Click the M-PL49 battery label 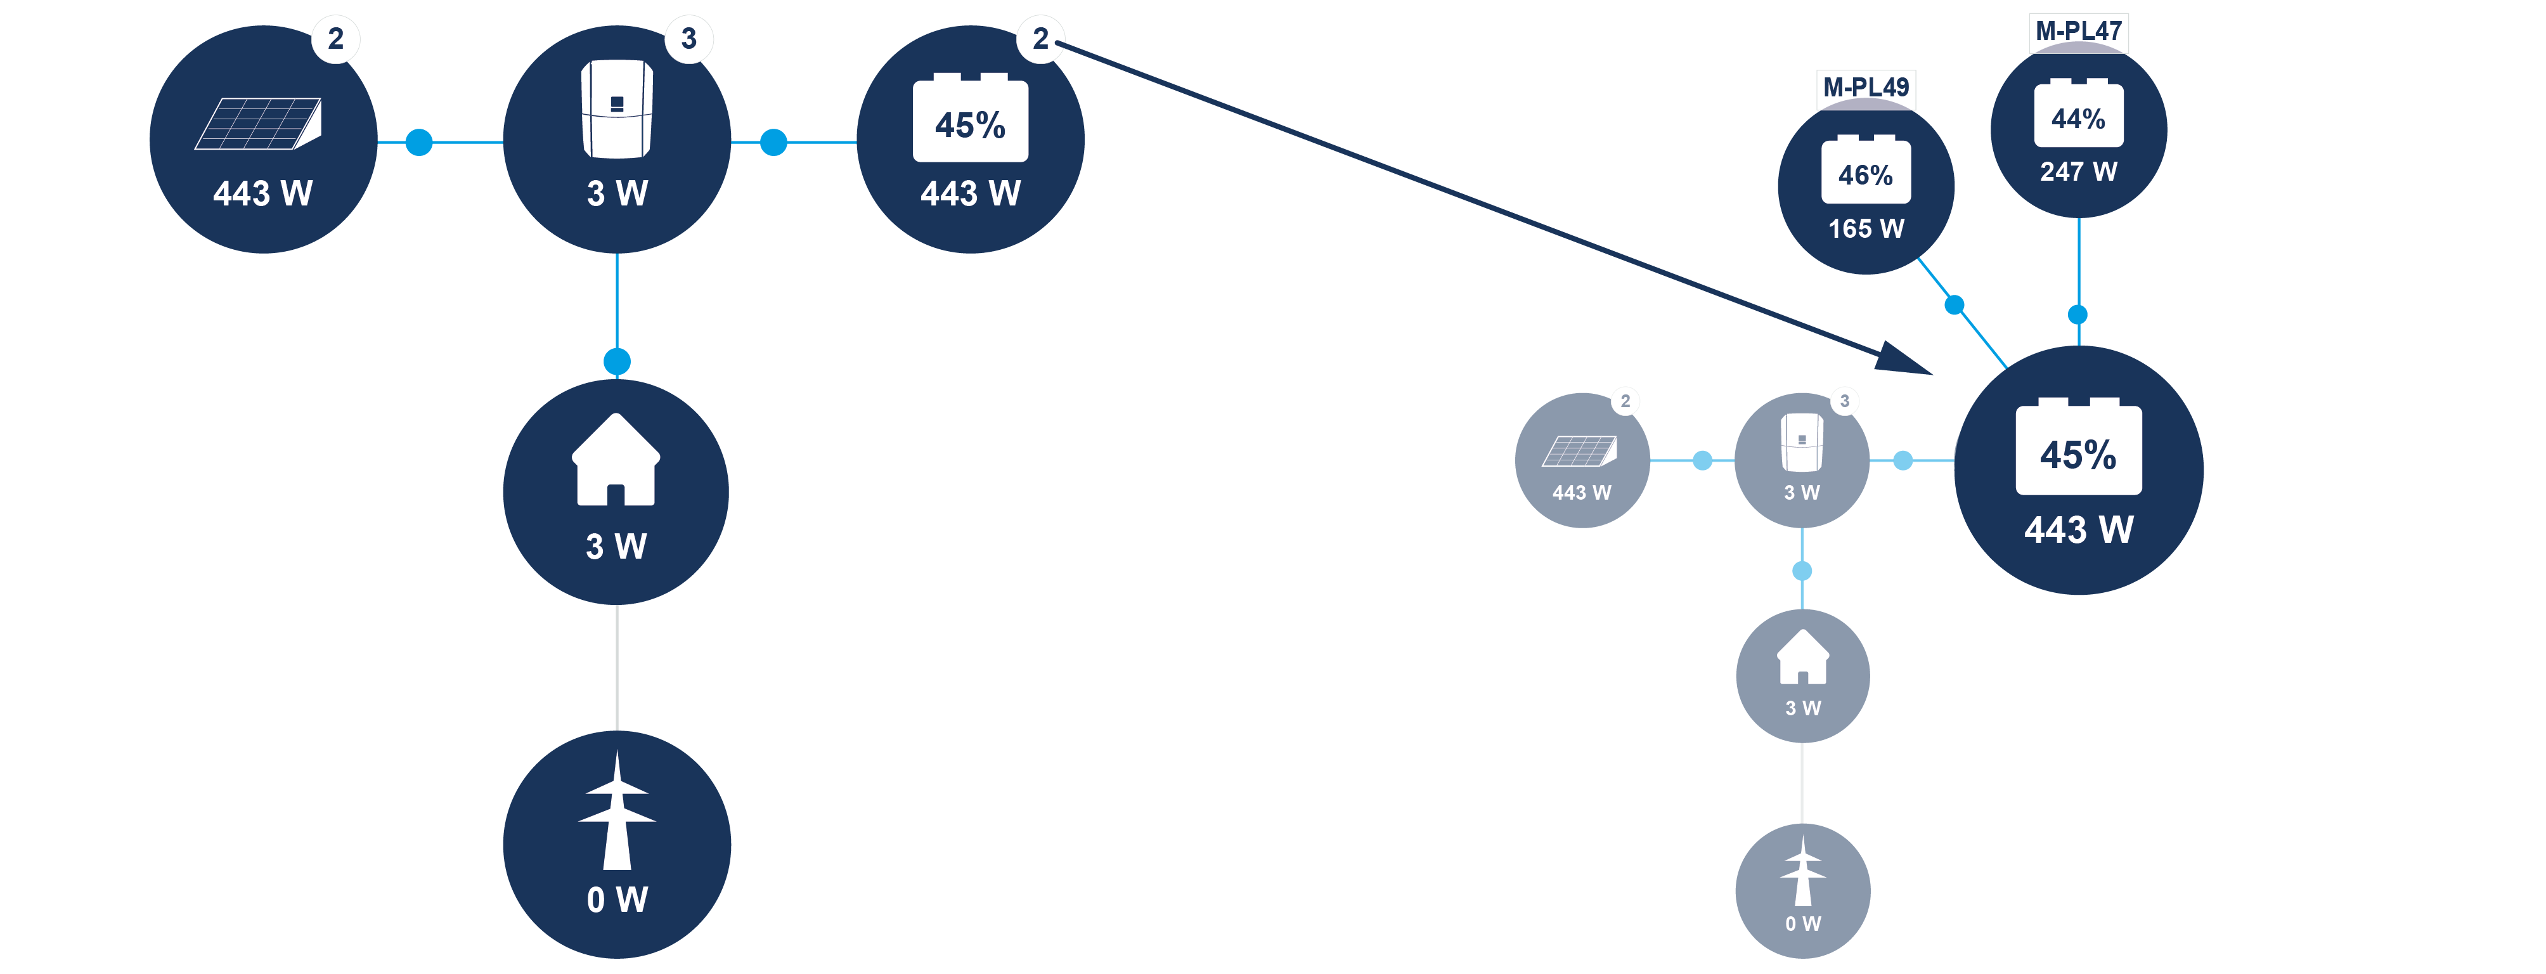(x=1865, y=87)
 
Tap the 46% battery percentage (x=1865, y=175)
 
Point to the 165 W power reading (x=1865, y=228)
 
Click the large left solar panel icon (x=259, y=124)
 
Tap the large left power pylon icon (x=617, y=811)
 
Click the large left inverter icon (x=617, y=109)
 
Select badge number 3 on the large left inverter (x=689, y=39)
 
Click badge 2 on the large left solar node (x=336, y=39)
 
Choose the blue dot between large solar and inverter (x=419, y=143)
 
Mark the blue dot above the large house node (x=617, y=361)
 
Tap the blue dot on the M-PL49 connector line (x=1954, y=304)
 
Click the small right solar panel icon (x=1579, y=451)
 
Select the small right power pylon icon (x=1803, y=871)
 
